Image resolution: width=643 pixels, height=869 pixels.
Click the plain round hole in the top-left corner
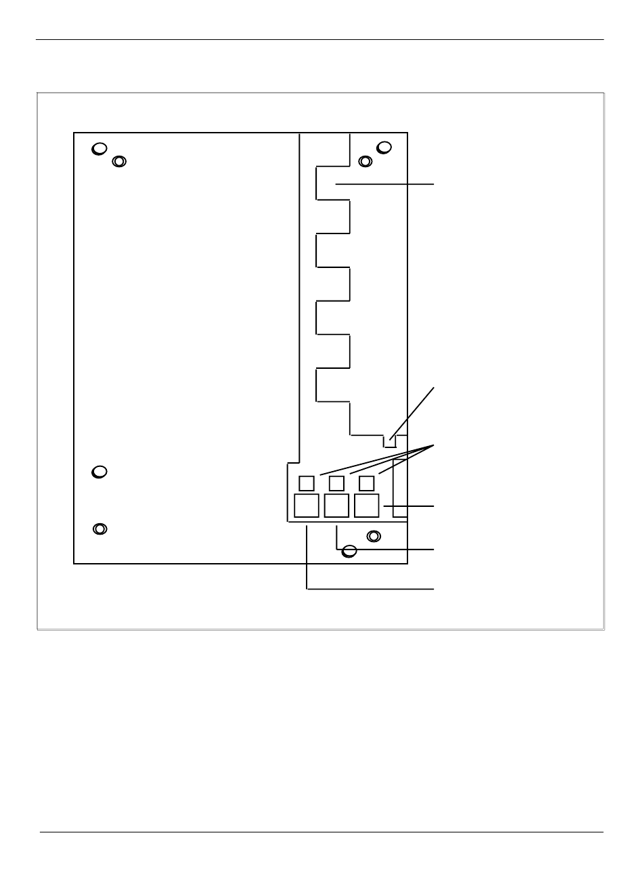click(99, 149)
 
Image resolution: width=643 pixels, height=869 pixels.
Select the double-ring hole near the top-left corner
click(119, 162)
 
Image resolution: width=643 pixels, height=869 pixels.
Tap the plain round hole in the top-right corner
click(384, 147)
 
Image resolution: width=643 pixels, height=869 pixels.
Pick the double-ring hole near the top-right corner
click(365, 161)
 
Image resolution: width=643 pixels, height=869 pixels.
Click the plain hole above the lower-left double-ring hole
click(99, 472)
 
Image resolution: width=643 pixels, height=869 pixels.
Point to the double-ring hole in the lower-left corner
click(100, 529)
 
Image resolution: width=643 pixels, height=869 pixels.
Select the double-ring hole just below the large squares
click(373, 537)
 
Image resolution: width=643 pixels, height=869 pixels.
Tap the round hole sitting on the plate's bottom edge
click(349, 551)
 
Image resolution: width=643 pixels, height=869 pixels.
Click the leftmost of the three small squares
click(307, 483)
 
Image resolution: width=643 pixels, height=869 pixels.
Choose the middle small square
click(336, 483)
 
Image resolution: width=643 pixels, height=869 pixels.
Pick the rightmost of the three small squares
click(366, 483)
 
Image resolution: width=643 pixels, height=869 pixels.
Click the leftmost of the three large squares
click(307, 506)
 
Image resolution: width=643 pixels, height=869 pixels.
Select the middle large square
click(336, 506)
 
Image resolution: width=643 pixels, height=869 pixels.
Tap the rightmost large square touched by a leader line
click(367, 506)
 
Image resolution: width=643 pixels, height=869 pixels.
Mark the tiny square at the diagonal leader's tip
click(389, 442)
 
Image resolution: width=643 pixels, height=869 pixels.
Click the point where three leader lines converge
click(433, 445)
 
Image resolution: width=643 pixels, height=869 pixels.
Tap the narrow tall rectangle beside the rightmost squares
click(400, 488)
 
